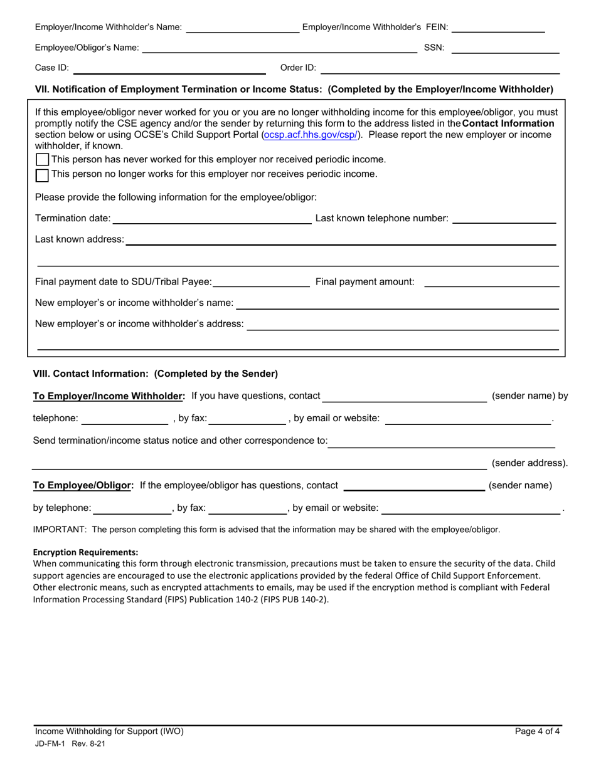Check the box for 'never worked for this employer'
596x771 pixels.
[x=42, y=160]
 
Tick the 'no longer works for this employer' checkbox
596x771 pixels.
[x=42, y=175]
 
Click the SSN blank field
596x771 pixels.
[x=505, y=49]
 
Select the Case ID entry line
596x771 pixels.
[x=169, y=69]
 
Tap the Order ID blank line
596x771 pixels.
[x=439, y=69]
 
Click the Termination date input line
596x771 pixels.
[x=211, y=219]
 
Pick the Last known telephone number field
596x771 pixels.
[x=504, y=219]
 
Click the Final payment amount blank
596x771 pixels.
[x=491, y=283]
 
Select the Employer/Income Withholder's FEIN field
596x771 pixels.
[x=498, y=28]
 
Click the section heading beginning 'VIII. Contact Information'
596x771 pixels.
[x=155, y=374]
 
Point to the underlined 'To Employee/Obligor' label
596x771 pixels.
[x=83, y=485]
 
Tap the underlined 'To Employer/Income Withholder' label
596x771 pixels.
[x=109, y=396]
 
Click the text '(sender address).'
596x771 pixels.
[x=529, y=463]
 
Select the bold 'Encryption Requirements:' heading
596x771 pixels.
[x=85, y=552]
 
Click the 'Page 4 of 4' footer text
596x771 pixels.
[x=537, y=731]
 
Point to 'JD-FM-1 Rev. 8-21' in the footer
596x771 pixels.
[x=70, y=743]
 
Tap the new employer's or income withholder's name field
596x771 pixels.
[x=397, y=304]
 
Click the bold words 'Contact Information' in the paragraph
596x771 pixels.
[x=508, y=123]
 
